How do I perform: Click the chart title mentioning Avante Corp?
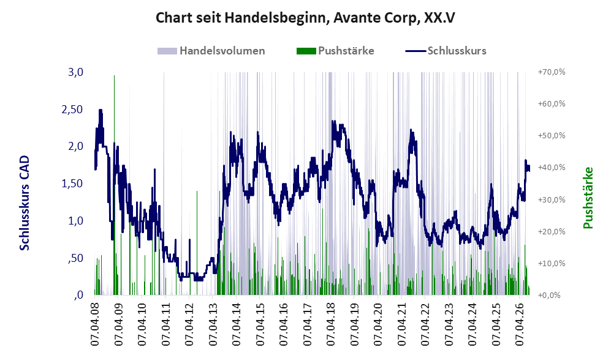tap(305, 18)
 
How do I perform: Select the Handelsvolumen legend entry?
tap(211, 51)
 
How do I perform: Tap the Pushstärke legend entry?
tap(335, 51)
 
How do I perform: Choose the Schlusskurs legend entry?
tap(446, 51)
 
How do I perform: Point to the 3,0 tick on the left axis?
tap(75, 72)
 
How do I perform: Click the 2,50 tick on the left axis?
tap(72, 110)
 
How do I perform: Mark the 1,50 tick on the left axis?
tap(72, 184)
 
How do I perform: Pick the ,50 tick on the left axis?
tap(75, 258)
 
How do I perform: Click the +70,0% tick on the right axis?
tap(552, 72)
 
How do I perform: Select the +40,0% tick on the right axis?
tap(552, 167)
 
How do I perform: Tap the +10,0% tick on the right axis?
tap(552, 263)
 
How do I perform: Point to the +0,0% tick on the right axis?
tap(550, 296)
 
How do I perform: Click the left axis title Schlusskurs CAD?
tap(24, 203)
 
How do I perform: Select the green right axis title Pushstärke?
tap(588, 198)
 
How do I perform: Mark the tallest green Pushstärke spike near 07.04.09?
tap(114, 185)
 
